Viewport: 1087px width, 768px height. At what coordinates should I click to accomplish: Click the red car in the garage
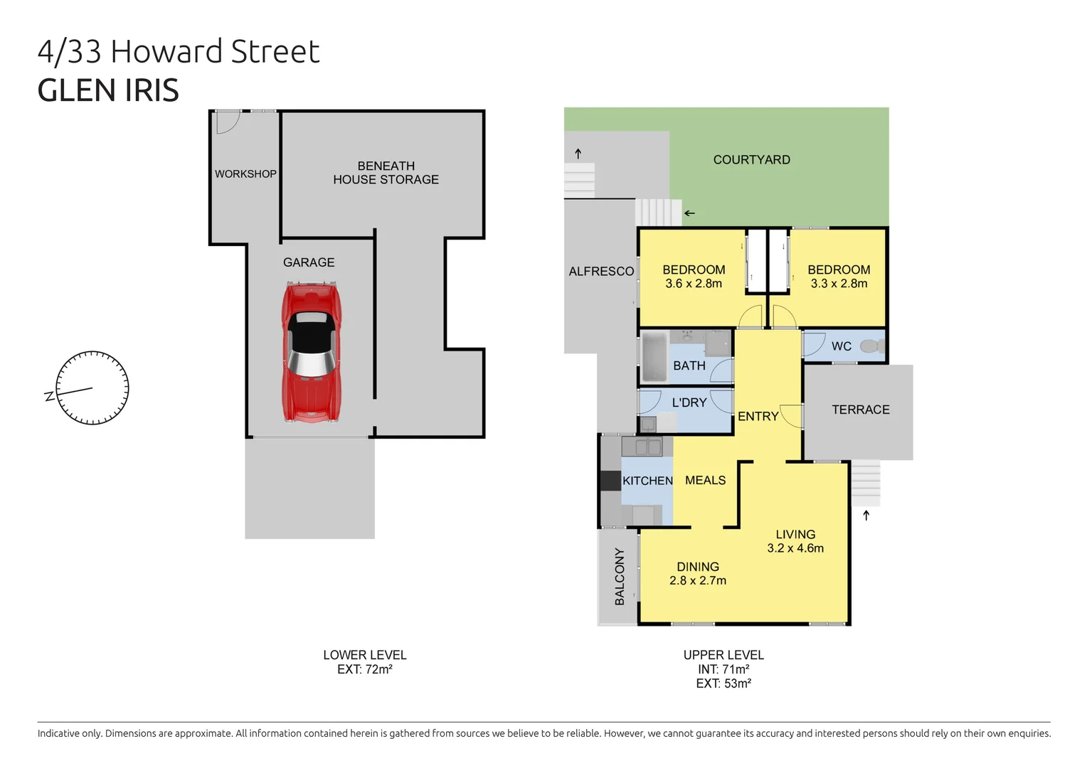(312, 352)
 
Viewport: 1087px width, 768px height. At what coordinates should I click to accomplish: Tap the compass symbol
(92, 388)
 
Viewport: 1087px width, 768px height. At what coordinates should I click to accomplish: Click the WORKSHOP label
(245, 174)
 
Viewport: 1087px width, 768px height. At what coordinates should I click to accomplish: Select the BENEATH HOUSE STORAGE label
(386, 173)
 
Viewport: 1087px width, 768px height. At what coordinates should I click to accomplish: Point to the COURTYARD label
(751, 160)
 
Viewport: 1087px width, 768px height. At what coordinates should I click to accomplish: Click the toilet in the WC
(871, 346)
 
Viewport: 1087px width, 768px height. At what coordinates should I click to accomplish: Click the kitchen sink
(642, 447)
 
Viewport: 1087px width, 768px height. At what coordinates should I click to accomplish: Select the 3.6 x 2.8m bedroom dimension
(694, 284)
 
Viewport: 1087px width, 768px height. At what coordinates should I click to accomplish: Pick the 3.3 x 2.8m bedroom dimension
(839, 284)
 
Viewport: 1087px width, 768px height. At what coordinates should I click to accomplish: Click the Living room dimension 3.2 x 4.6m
(795, 548)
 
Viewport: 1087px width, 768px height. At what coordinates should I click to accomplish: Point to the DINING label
(697, 567)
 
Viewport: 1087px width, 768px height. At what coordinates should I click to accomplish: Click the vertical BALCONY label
(620, 577)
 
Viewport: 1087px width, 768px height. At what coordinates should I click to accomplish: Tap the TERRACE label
(861, 410)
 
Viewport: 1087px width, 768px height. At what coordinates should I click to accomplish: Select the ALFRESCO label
(601, 271)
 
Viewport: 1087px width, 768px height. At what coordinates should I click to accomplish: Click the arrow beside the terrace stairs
(866, 516)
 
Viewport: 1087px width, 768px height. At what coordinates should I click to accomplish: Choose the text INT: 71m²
(723, 669)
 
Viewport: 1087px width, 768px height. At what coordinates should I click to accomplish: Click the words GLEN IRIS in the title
(108, 90)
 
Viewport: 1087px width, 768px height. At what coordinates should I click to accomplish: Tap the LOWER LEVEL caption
(364, 655)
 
